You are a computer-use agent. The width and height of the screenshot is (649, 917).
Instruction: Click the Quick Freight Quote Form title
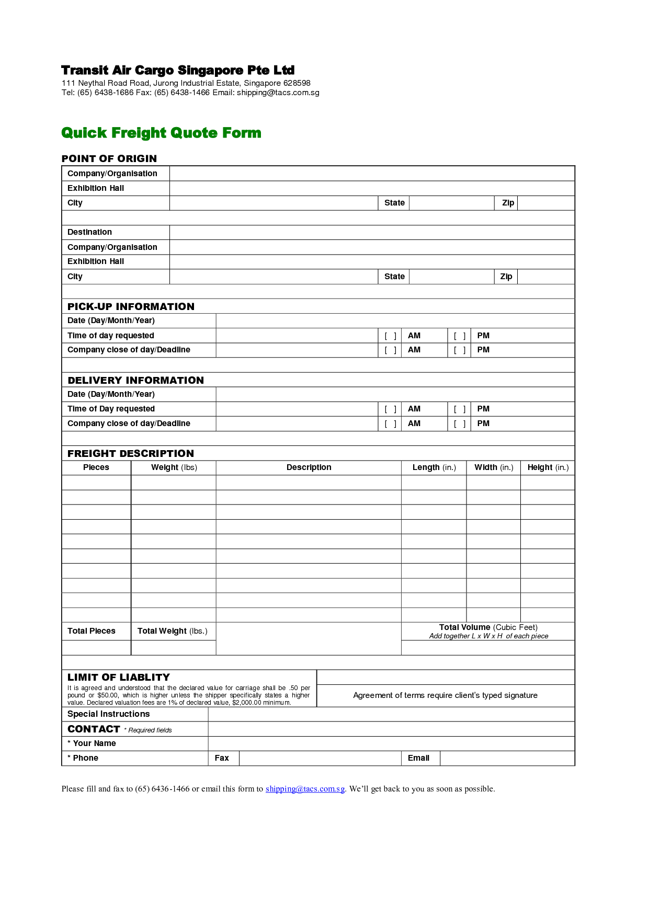161,133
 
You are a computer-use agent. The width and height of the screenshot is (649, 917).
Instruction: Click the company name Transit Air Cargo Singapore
178,70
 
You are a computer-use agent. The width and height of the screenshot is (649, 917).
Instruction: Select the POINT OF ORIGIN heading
109,158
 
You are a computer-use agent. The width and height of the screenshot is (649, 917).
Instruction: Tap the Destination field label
89,232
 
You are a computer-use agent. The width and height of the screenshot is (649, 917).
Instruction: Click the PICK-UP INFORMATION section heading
131,307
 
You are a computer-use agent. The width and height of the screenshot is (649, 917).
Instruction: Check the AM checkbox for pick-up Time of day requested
390,336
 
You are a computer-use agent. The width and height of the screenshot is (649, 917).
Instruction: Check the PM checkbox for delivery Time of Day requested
460,409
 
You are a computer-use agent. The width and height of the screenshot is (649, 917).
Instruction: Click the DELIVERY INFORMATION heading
135,381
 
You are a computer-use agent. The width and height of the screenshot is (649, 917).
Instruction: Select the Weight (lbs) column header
174,467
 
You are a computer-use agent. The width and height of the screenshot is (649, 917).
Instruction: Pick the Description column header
309,467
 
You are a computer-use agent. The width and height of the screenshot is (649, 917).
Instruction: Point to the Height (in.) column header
548,467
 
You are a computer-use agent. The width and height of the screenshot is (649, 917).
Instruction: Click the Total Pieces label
92,631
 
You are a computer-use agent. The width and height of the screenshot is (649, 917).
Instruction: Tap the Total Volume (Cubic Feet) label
488,627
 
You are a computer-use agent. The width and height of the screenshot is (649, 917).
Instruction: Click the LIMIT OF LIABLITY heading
119,677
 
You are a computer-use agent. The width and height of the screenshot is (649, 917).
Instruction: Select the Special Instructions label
108,714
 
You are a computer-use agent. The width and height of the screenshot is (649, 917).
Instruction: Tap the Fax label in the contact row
222,758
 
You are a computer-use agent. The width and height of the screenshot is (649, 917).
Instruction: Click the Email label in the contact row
418,758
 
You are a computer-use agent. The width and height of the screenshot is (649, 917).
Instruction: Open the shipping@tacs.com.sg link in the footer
305,789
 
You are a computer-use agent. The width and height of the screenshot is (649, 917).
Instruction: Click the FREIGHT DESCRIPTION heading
131,454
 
